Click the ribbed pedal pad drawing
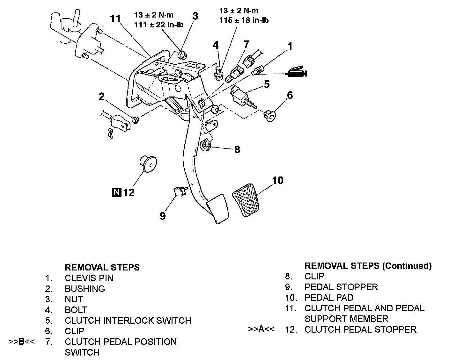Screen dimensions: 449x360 tap(246, 200)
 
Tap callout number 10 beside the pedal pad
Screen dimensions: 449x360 tap(278, 181)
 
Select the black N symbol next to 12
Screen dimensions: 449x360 tap(117, 192)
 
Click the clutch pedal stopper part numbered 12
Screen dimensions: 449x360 tap(148, 164)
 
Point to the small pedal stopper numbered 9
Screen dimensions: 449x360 tap(180, 191)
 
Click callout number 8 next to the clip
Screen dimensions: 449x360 tap(237, 149)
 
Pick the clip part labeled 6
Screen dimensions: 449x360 tap(270, 116)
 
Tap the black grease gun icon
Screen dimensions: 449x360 tap(296, 72)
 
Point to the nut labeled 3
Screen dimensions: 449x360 tap(182, 55)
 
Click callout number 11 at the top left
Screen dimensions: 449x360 tap(115, 18)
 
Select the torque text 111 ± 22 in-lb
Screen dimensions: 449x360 tap(159, 25)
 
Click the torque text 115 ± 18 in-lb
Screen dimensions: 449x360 tap(244, 20)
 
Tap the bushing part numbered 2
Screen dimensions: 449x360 tap(136, 120)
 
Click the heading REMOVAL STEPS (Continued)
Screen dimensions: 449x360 tap(368, 266)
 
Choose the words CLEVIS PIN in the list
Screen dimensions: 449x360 tap(89, 278)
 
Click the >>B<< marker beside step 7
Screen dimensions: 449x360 tap(21, 342)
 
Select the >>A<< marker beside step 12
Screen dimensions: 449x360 tap(261, 329)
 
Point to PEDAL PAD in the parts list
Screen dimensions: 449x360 tap(329, 298)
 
